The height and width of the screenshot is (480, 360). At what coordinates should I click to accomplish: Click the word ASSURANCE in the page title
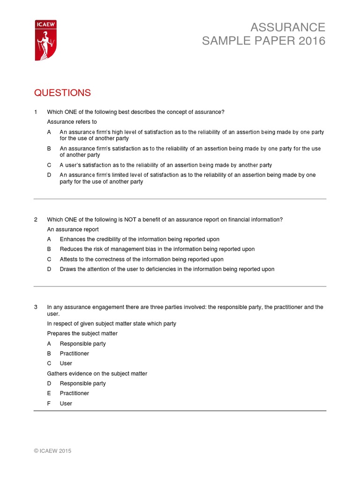click(287, 27)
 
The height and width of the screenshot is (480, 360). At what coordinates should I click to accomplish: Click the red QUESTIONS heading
click(62, 93)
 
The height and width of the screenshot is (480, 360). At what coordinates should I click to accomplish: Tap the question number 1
click(36, 112)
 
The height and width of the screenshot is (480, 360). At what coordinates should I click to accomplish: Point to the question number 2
click(36, 220)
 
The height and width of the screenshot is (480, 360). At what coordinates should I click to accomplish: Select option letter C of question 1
click(49, 165)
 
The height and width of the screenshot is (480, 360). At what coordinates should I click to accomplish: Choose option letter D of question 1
click(49, 175)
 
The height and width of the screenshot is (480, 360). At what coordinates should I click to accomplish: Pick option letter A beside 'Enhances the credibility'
click(49, 240)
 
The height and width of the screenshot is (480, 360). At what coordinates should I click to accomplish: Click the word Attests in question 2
click(69, 259)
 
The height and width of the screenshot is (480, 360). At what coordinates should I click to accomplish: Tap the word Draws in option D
click(68, 269)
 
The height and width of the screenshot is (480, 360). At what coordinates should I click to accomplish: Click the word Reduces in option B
click(71, 249)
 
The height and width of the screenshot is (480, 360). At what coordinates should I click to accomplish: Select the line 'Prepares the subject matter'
click(82, 334)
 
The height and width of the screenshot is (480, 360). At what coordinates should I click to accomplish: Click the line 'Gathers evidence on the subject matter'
click(97, 374)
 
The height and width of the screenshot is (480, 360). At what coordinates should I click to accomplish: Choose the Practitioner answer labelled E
click(74, 393)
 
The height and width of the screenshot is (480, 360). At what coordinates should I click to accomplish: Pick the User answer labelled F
click(66, 404)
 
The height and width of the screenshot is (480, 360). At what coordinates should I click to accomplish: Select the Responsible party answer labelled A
click(82, 344)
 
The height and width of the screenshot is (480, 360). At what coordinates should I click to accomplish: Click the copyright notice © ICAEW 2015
click(52, 451)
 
